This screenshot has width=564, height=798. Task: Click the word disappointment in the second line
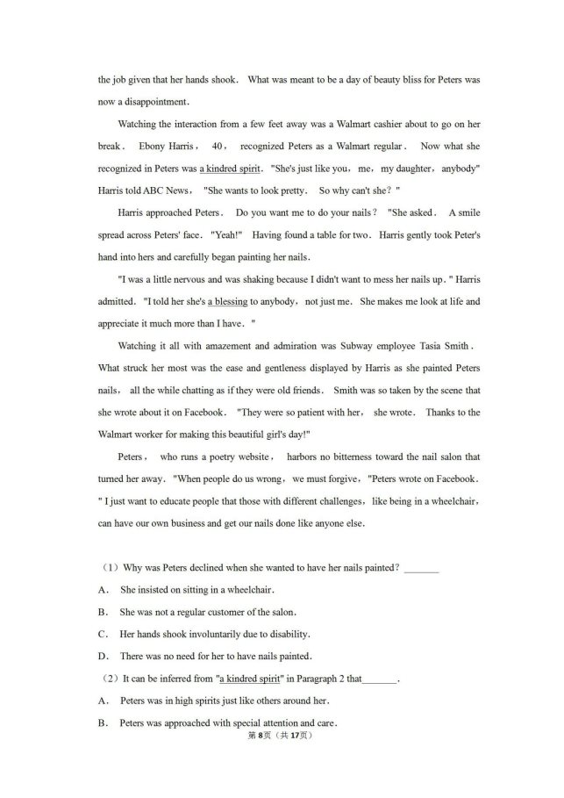(150, 101)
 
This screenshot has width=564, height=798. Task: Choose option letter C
(103, 634)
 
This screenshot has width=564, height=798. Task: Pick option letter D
(103, 656)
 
